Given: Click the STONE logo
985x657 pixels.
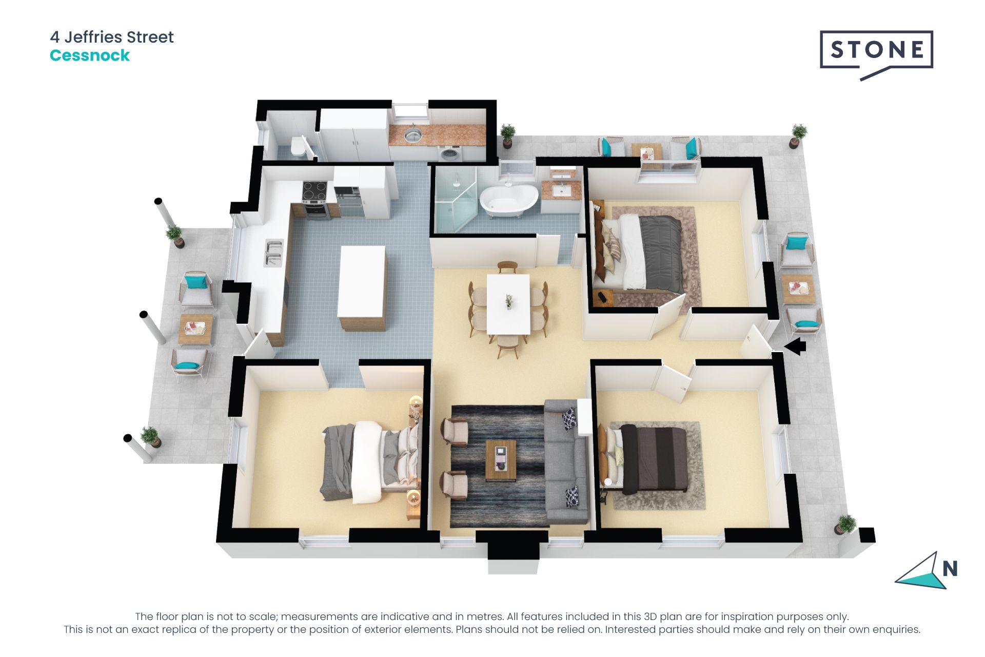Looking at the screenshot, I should point(876,50).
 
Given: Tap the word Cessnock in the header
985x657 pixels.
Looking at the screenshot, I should point(90,55).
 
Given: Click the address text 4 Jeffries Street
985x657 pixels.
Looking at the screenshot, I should point(112,37).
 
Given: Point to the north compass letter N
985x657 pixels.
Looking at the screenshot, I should point(950,569).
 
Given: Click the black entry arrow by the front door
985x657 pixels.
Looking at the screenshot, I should point(796,346).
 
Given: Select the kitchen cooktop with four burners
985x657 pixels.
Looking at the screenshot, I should point(314,192).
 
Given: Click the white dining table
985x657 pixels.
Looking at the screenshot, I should point(508,303).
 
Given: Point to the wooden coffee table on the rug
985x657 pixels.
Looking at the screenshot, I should point(501,459).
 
